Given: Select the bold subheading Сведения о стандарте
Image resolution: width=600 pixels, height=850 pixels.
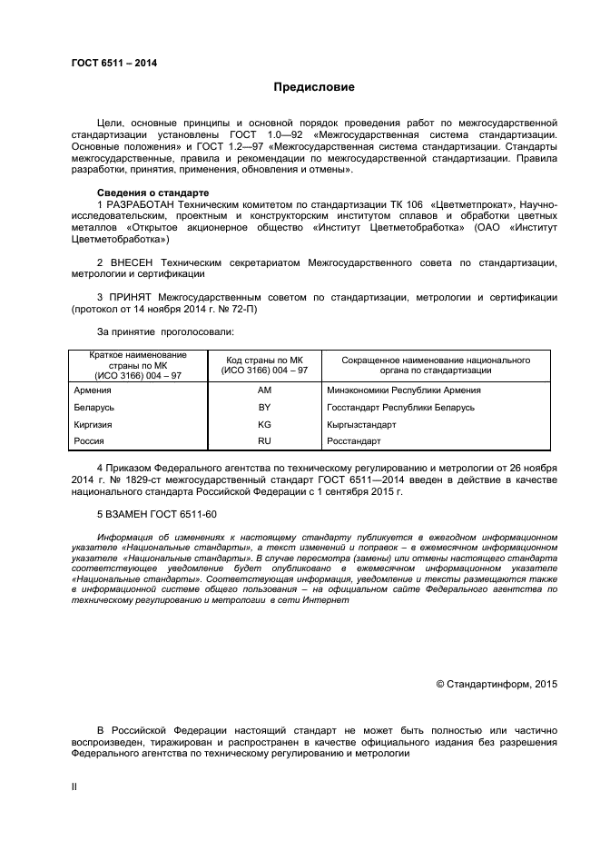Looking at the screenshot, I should point(152,193).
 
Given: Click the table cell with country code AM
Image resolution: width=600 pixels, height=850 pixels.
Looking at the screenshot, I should point(265,390).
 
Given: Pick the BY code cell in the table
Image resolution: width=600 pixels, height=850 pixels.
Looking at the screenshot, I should point(265,408).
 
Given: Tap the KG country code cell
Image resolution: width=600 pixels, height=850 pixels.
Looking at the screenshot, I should point(265,424).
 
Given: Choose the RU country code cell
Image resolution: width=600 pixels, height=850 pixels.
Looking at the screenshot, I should point(265,441).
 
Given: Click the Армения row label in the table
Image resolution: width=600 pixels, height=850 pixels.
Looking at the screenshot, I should point(93,390).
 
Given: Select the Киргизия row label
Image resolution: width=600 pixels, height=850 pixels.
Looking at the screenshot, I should point(93,424).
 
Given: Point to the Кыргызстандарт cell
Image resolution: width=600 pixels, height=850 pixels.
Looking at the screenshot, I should point(360,424).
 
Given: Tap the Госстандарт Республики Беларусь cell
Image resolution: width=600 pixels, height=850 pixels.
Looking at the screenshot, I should point(399,408).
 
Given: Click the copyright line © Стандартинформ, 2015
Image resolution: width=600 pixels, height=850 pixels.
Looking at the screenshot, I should point(497,684).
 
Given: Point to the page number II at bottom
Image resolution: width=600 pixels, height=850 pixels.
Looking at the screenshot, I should point(74,787).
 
